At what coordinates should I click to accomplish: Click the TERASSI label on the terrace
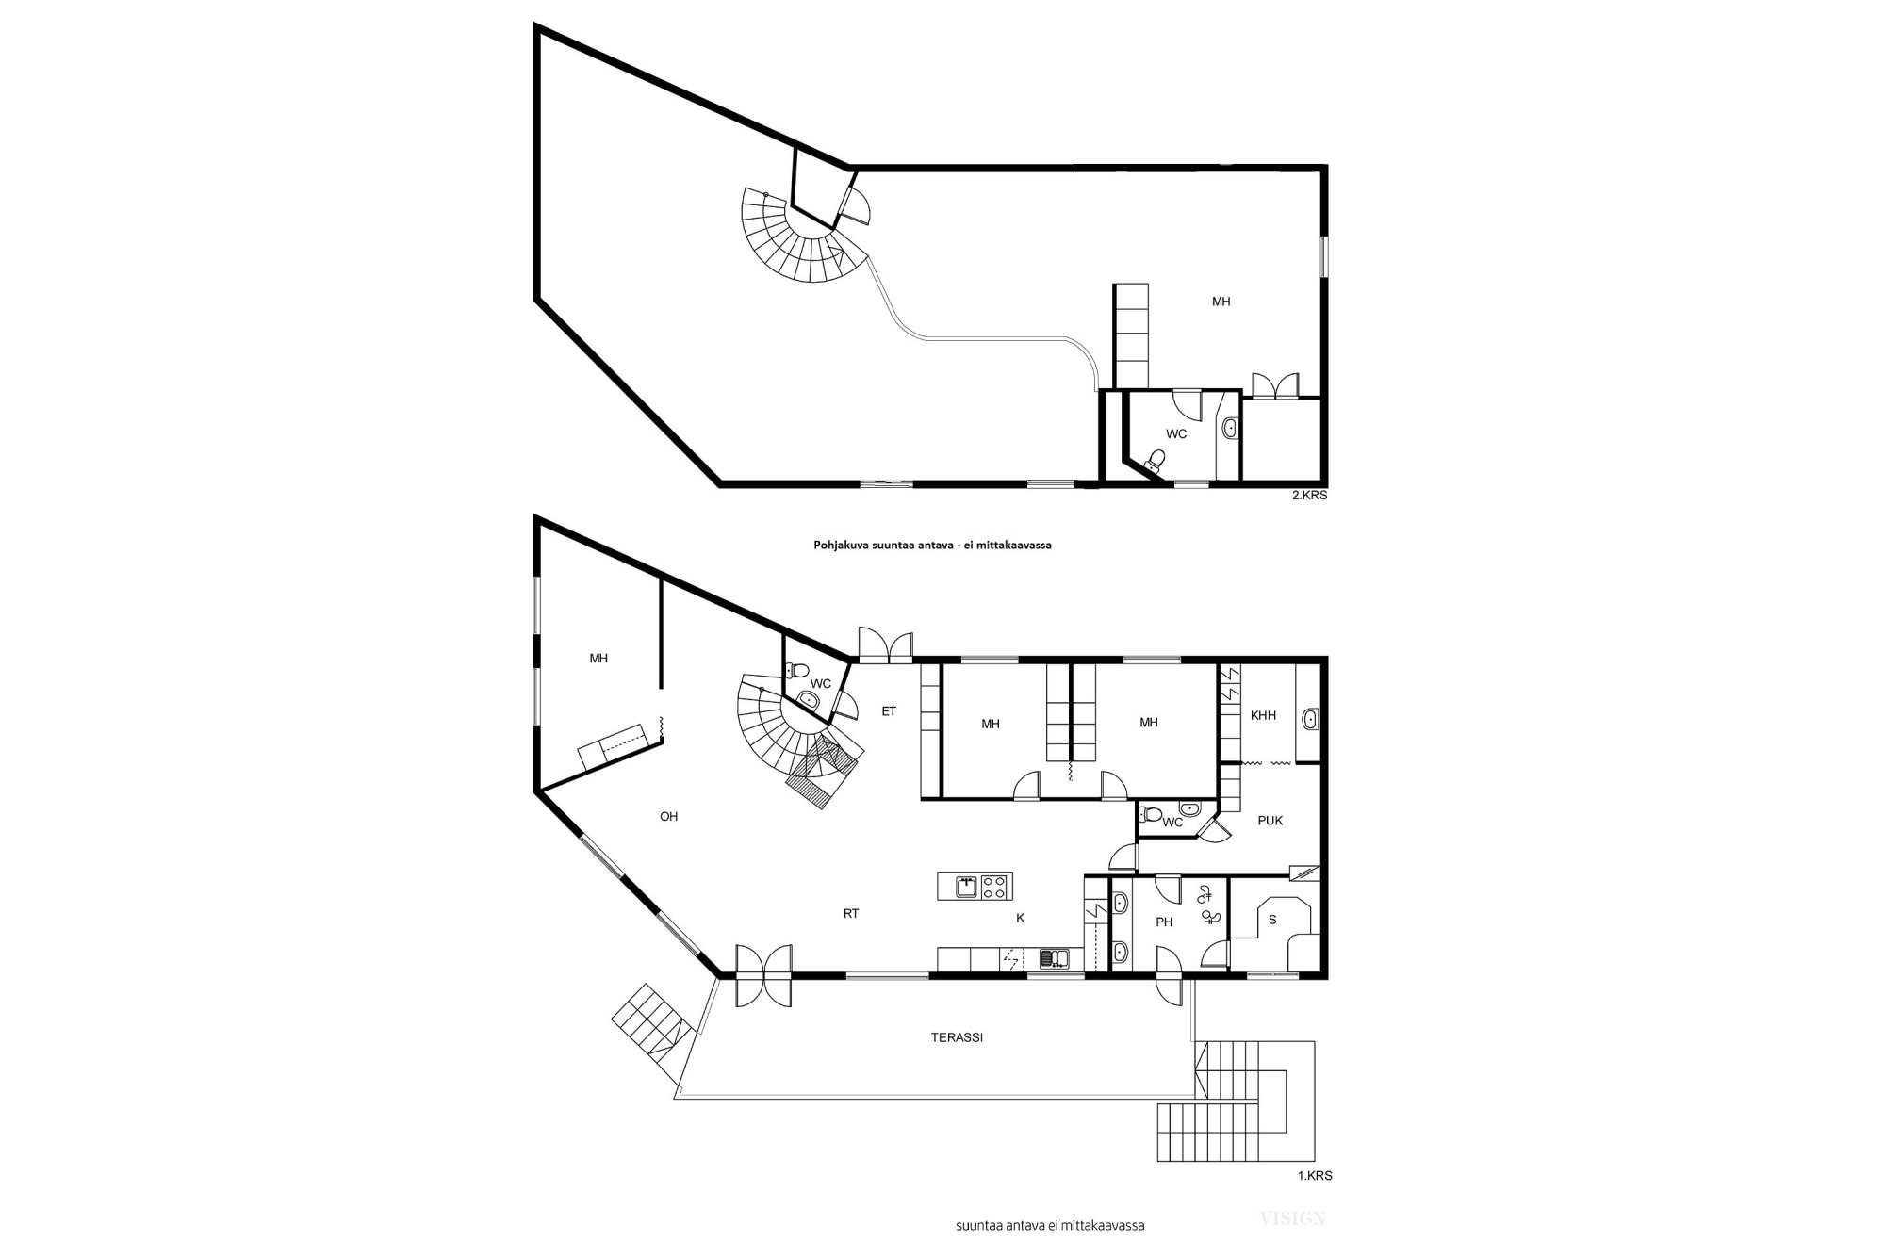(x=957, y=1037)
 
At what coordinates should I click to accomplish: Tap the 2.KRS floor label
(x=1309, y=496)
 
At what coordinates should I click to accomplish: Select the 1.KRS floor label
(x=1315, y=1176)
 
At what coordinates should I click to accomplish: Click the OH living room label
(x=668, y=817)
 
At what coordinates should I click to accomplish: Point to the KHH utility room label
(x=1263, y=716)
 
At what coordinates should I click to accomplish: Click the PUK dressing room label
(x=1270, y=821)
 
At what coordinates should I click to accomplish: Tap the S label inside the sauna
(x=1272, y=920)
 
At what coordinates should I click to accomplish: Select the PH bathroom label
(x=1164, y=922)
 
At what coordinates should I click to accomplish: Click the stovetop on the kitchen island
(x=994, y=886)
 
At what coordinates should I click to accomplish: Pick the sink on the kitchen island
(x=966, y=886)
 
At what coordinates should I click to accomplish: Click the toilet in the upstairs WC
(x=1155, y=461)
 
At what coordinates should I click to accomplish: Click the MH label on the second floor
(x=1221, y=302)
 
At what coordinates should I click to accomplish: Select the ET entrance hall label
(x=889, y=712)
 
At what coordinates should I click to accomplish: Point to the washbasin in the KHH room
(x=1309, y=721)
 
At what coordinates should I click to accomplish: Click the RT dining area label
(x=851, y=914)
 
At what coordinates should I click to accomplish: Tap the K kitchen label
(x=1020, y=918)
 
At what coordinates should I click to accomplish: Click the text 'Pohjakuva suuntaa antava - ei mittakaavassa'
(x=932, y=546)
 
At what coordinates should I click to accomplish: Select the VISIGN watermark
(x=1292, y=1218)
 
